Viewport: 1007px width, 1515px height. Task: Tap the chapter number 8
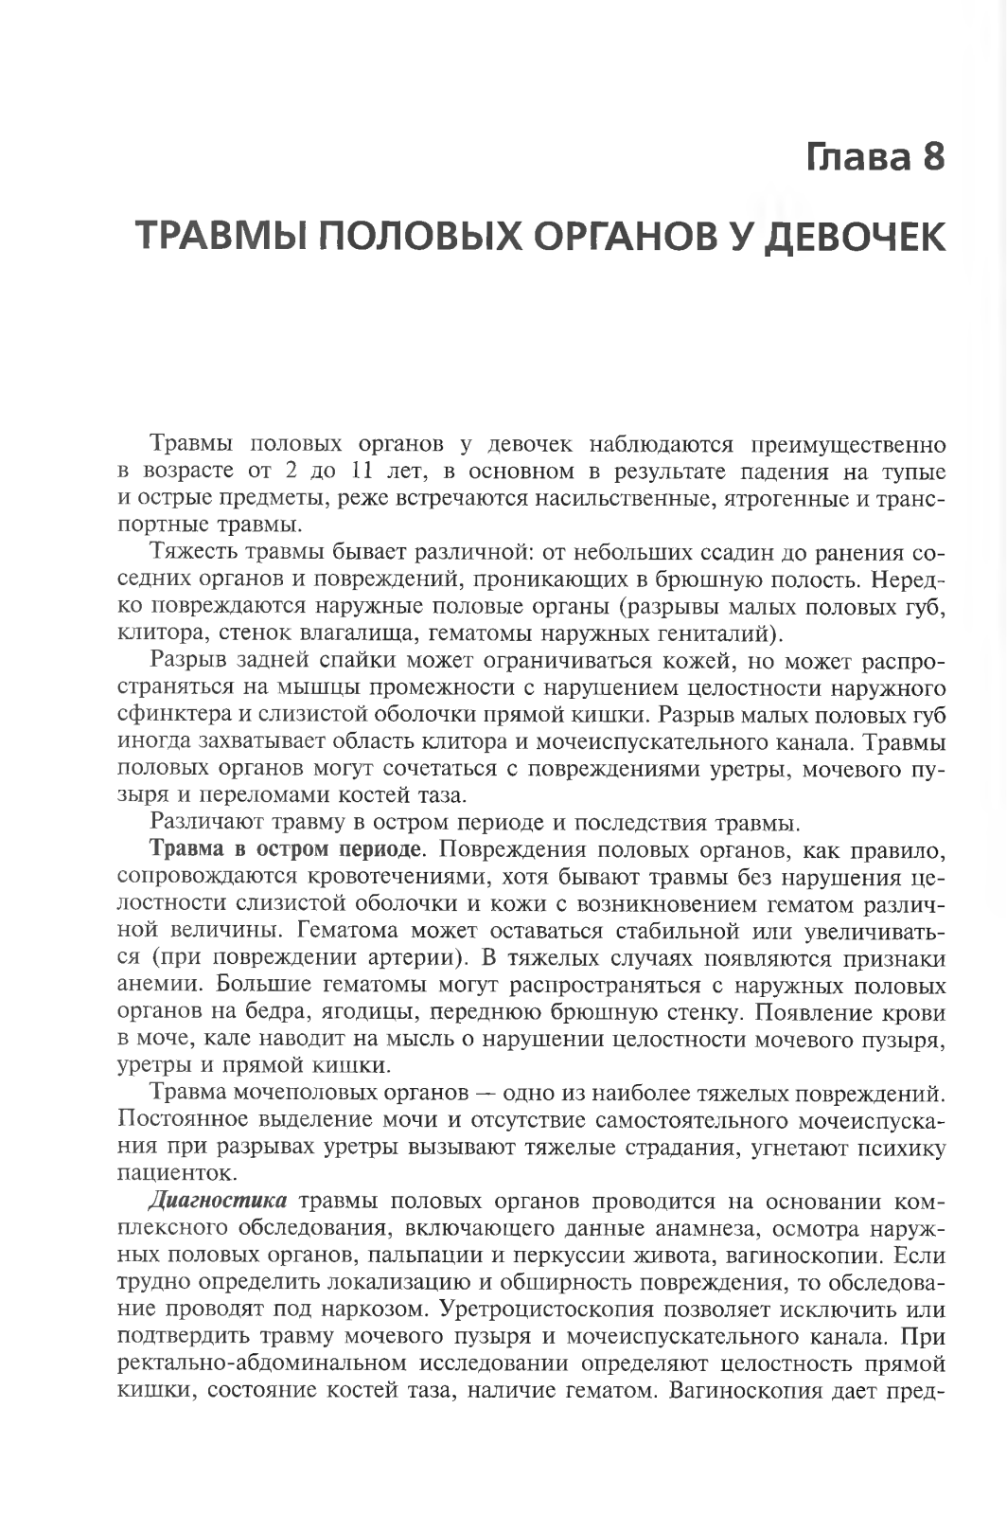point(932,156)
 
